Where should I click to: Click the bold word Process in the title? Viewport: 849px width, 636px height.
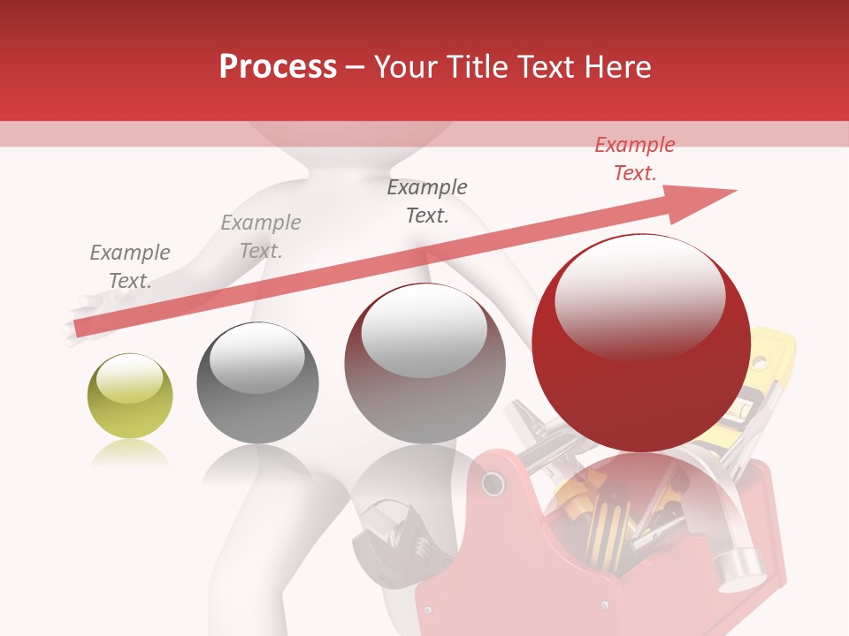[x=278, y=67]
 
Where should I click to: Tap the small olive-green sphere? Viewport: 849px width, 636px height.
[x=130, y=397]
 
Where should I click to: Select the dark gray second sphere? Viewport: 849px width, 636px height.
[x=257, y=382]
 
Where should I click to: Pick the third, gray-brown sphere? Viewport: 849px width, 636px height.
[x=424, y=363]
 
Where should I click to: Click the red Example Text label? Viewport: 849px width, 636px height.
[x=634, y=159]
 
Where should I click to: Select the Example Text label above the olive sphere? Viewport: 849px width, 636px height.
[x=129, y=267]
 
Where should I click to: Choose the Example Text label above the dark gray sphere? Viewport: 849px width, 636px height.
[x=261, y=237]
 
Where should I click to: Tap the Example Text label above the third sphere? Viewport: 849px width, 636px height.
[x=427, y=201]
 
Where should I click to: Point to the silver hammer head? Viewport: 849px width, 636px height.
[x=739, y=565]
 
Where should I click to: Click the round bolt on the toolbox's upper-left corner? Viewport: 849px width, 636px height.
[x=491, y=484]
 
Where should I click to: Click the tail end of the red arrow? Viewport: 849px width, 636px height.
[x=78, y=329]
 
